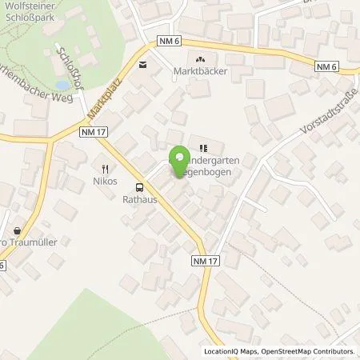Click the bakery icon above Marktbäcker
tap(200, 58)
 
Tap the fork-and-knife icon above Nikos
tap(105, 168)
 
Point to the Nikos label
tap(105, 181)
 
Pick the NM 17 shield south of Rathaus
tap(205, 261)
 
